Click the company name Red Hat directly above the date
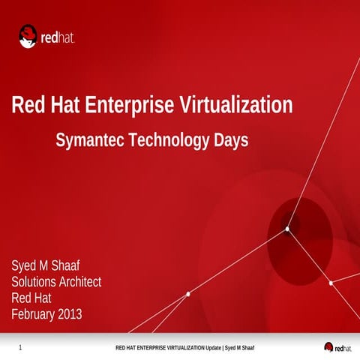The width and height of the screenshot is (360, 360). coord(31,298)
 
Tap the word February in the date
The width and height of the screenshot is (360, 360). coord(35,313)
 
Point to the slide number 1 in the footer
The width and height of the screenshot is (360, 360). coord(19,348)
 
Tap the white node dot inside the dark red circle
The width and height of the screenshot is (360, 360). coord(287,229)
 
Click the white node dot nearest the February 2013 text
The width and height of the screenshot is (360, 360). coord(187,294)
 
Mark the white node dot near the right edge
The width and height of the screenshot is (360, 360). coord(331,283)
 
